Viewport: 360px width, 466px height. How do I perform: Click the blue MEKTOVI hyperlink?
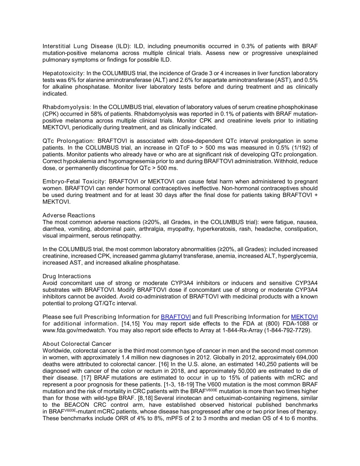coord(304,317)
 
